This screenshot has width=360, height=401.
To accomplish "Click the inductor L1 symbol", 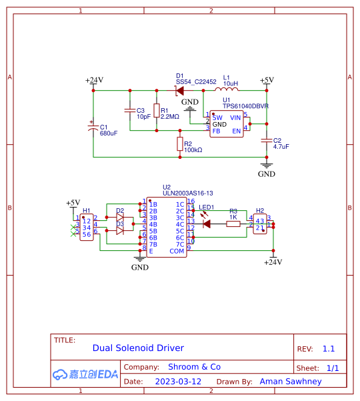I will (x=227, y=89).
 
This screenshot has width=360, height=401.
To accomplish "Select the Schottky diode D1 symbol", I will (x=179, y=89).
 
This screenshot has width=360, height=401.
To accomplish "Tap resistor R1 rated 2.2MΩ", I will (x=157, y=111).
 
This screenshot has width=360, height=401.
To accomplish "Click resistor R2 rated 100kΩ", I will (x=179, y=143).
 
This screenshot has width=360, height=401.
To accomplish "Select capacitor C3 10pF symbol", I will (x=129, y=110).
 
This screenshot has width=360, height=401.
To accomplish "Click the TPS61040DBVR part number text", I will (x=245, y=106).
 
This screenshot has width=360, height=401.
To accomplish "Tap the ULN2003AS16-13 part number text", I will (x=187, y=193).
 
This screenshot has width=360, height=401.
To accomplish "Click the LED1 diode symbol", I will (x=207, y=224).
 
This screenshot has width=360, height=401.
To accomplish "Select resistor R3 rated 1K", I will (x=233, y=224).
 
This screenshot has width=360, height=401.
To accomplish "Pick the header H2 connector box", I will (x=260, y=224).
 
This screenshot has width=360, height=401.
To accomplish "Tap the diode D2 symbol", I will (x=120, y=217).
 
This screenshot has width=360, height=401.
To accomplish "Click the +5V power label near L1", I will (x=267, y=80).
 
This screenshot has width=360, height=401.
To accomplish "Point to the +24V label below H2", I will (x=273, y=262).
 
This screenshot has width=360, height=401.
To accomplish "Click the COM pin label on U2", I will (x=177, y=251).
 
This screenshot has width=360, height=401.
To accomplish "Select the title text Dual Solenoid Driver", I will (x=138, y=348).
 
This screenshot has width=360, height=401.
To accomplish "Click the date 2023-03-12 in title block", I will (x=178, y=382).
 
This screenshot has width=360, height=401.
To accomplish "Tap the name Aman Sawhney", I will (x=290, y=382).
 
